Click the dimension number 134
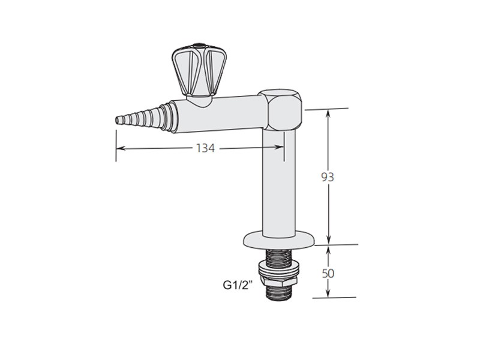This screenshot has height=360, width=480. [x=205, y=148]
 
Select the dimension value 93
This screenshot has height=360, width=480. [x=328, y=177]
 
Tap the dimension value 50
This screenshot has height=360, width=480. [x=328, y=274]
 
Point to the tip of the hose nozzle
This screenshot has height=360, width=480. [x=116, y=121]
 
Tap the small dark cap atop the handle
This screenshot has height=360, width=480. [x=199, y=46]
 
